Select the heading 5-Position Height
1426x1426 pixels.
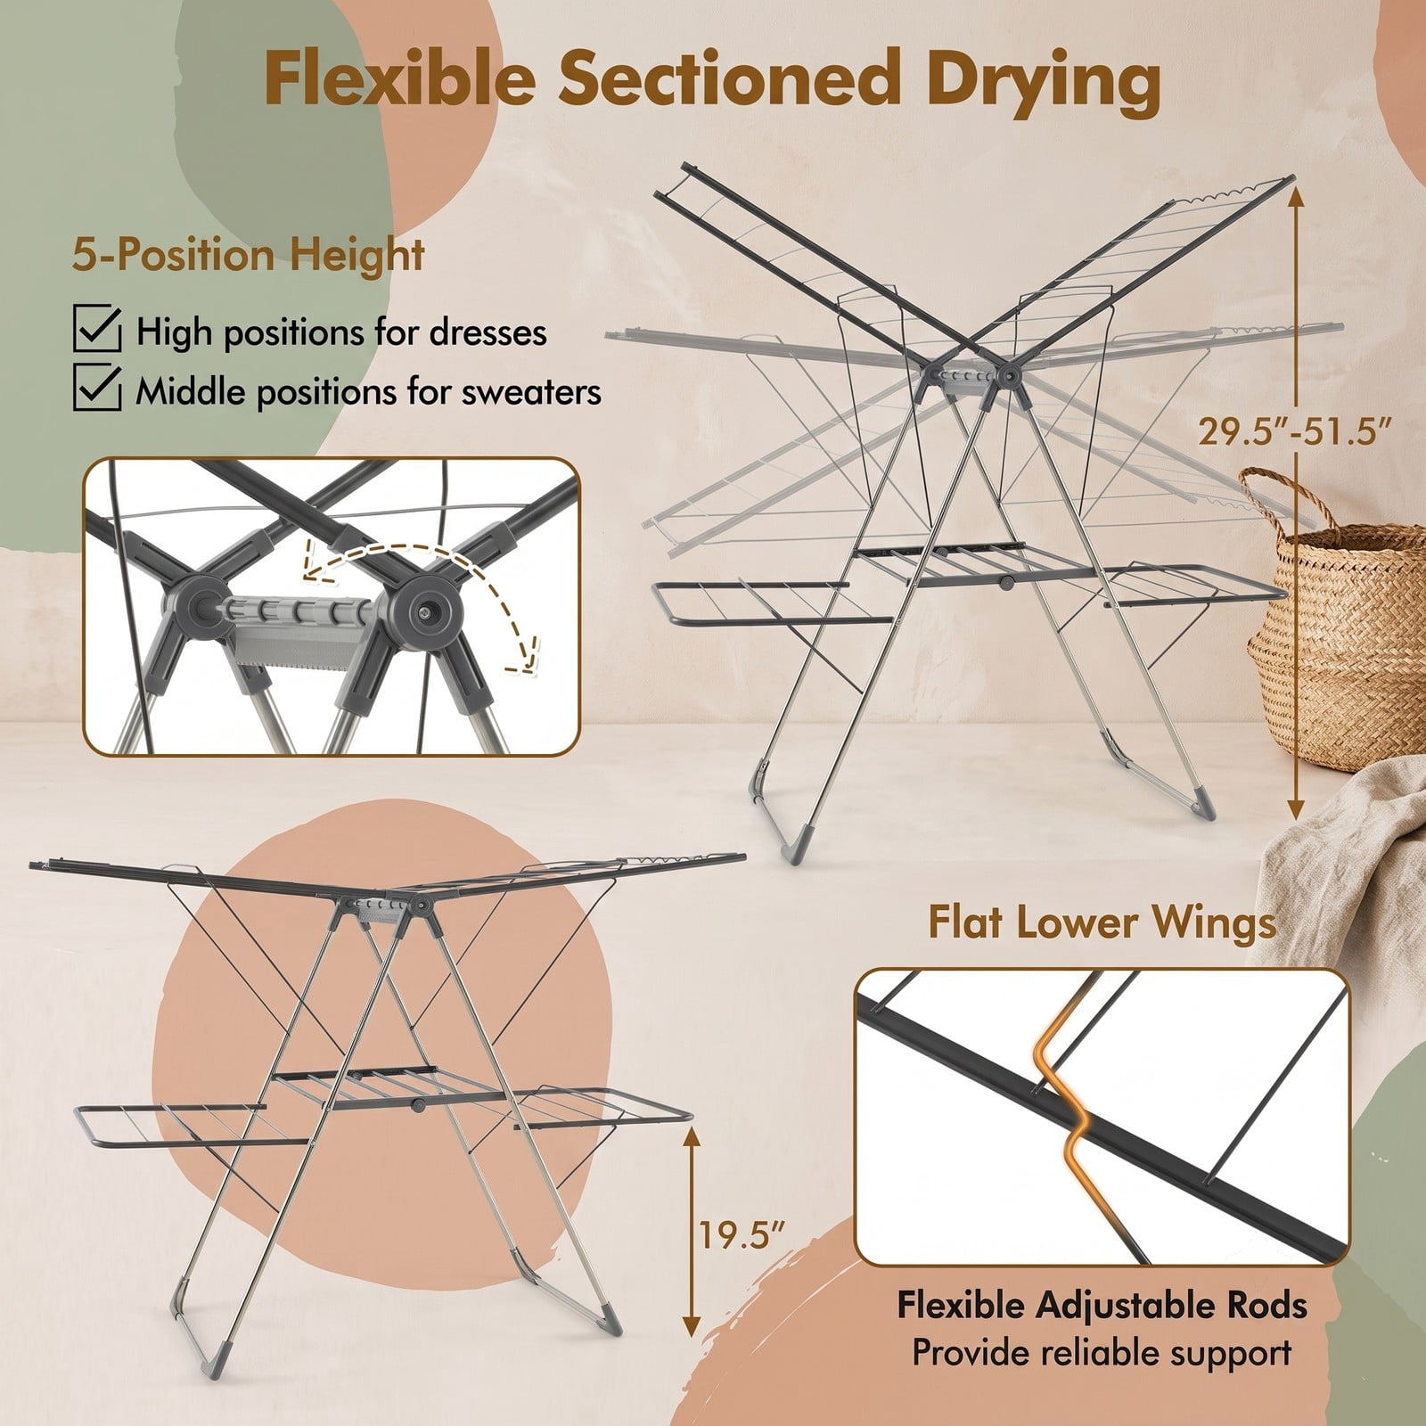point(249,256)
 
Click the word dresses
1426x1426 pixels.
point(488,332)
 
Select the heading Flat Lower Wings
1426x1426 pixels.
point(1102,922)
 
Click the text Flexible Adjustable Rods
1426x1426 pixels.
point(1102,1306)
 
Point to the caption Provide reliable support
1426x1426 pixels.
point(1102,1352)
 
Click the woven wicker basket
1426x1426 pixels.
point(1337,624)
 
